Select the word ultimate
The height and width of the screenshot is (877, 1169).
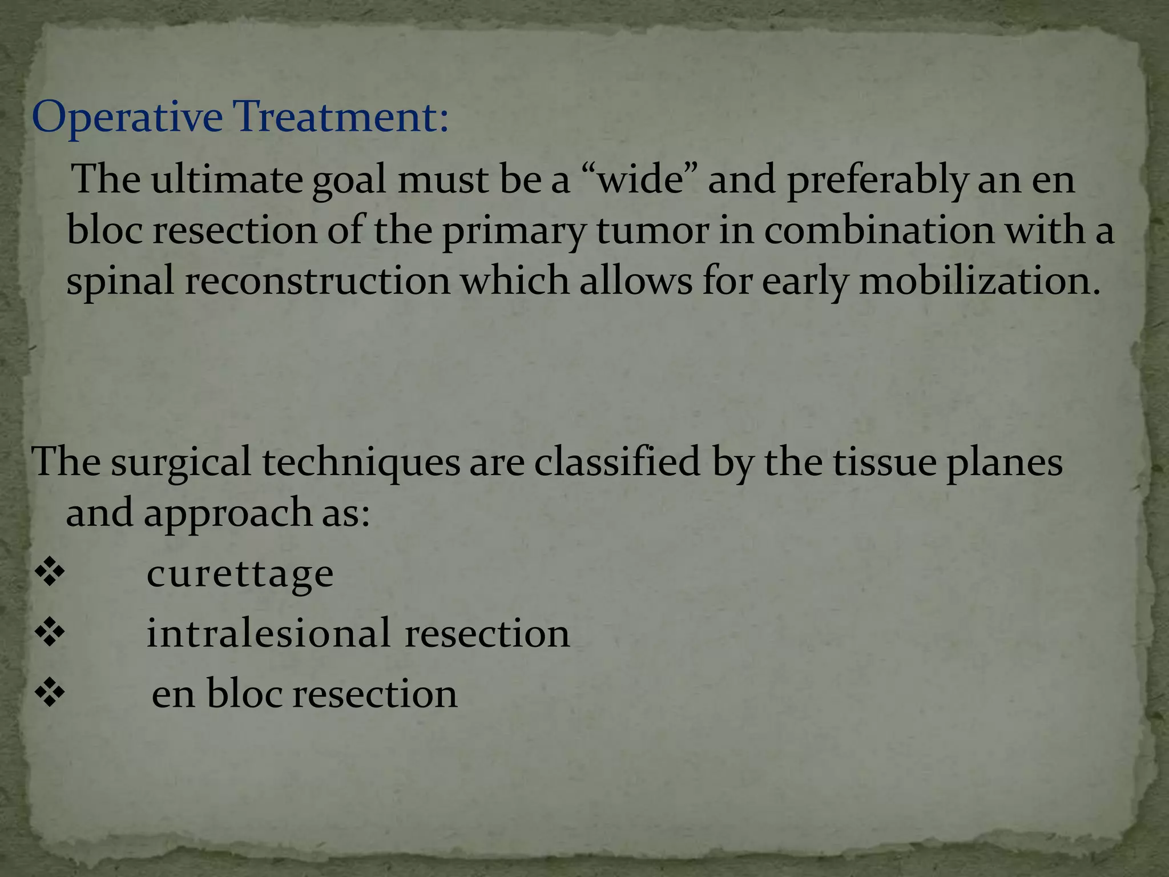pyautogui.click(x=226, y=180)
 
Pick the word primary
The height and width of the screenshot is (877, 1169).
pyautogui.click(x=514, y=232)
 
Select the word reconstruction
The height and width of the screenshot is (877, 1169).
pyautogui.click(x=317, y=281)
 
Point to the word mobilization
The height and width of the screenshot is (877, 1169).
pyautogui.click(x=979, y=281)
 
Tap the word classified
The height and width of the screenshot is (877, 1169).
pyautogui.click(x=616, y=461)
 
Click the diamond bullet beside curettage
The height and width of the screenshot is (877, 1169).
pyautogui.click(x=50, y=573)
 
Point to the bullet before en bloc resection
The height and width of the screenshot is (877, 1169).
pyautogui.click(x=50, y=694)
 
